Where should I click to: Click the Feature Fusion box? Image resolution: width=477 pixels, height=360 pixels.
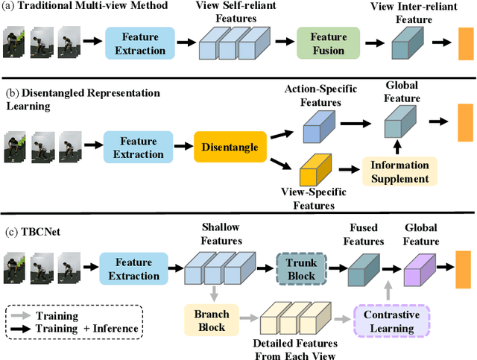point(329,44)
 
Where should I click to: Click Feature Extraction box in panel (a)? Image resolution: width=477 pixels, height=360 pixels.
point(139,42)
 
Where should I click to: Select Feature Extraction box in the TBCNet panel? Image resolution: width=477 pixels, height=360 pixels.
point(134,269)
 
